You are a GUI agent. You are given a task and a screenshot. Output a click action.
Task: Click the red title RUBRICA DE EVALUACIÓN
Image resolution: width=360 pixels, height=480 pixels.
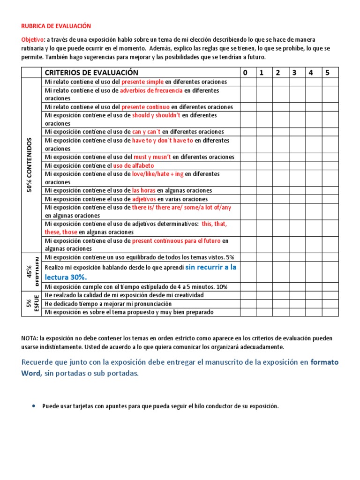coord(56,26)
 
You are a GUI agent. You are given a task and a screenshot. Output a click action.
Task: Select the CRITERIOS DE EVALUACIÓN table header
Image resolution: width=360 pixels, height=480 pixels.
coord(91,72)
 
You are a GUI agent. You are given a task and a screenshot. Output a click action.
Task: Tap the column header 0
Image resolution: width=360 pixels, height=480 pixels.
coord(244,72)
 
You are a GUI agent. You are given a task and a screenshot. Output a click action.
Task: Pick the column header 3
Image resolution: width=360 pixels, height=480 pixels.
coord(294,72)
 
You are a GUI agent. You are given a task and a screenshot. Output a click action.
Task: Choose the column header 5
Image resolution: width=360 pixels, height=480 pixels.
coord(327,72)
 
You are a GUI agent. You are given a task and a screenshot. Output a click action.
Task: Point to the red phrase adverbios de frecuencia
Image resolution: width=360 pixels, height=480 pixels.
coord(151,90)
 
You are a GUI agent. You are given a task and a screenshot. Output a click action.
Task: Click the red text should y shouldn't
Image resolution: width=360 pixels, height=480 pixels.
coord(157,115)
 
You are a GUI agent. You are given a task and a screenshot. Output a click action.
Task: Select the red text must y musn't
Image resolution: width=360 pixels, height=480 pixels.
coord(152,157)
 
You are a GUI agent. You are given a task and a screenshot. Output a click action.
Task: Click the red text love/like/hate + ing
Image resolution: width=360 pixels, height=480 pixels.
coord(157,174)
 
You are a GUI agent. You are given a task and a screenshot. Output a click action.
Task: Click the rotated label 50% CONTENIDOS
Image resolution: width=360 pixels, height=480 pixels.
coord(30,165)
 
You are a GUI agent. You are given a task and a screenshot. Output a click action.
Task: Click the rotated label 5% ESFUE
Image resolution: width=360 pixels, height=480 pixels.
coord(31,304)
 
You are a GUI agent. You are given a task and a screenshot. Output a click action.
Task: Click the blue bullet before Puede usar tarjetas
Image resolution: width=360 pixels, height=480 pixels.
coord(34,406)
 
